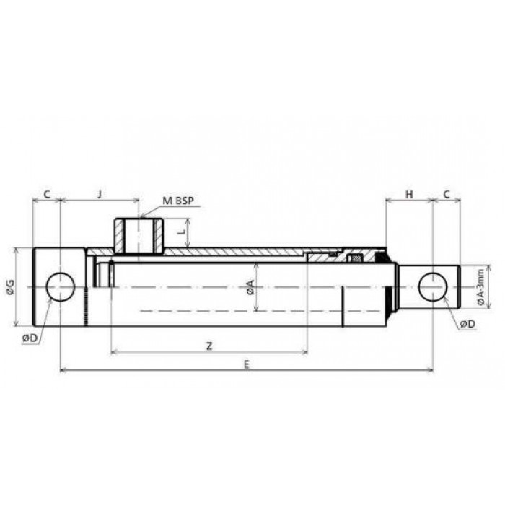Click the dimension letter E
point(247,364)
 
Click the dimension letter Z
point(209,346)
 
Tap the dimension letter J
point(100,194)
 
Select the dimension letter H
point(409,194)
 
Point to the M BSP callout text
point(178,201)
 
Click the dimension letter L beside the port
point(183,232)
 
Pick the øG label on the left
point(10,287)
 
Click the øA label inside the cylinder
point(250,287)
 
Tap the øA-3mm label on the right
point(480,286)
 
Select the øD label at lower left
point(30,338)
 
